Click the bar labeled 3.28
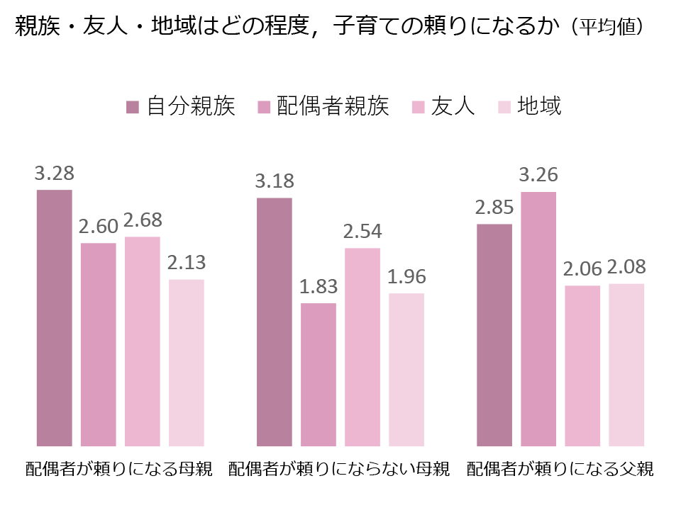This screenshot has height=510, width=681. coord(55,318)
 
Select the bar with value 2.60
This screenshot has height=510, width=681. coord(99,344)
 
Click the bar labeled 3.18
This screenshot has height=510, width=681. coord(275,322)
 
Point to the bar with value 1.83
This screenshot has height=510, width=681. coord(319,375)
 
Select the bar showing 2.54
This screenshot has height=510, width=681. coord(362,347)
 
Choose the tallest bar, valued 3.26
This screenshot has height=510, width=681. coord(538,319)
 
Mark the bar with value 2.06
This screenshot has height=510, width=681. coord(582,365)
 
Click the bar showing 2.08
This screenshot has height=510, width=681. coord(626,365)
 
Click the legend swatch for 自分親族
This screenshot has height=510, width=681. coord(133,107)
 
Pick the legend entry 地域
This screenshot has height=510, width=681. coord(539,106)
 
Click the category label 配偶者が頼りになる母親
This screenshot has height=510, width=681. coord(118,470)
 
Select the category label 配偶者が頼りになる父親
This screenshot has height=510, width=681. coord(560,470)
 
